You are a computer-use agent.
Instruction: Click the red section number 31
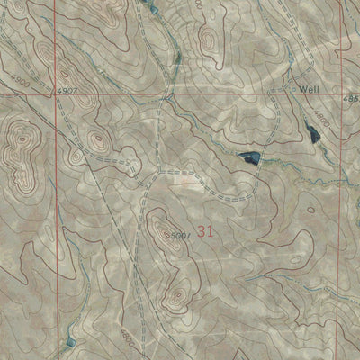coord(205,231)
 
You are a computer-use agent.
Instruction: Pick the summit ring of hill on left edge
coord(20,139)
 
